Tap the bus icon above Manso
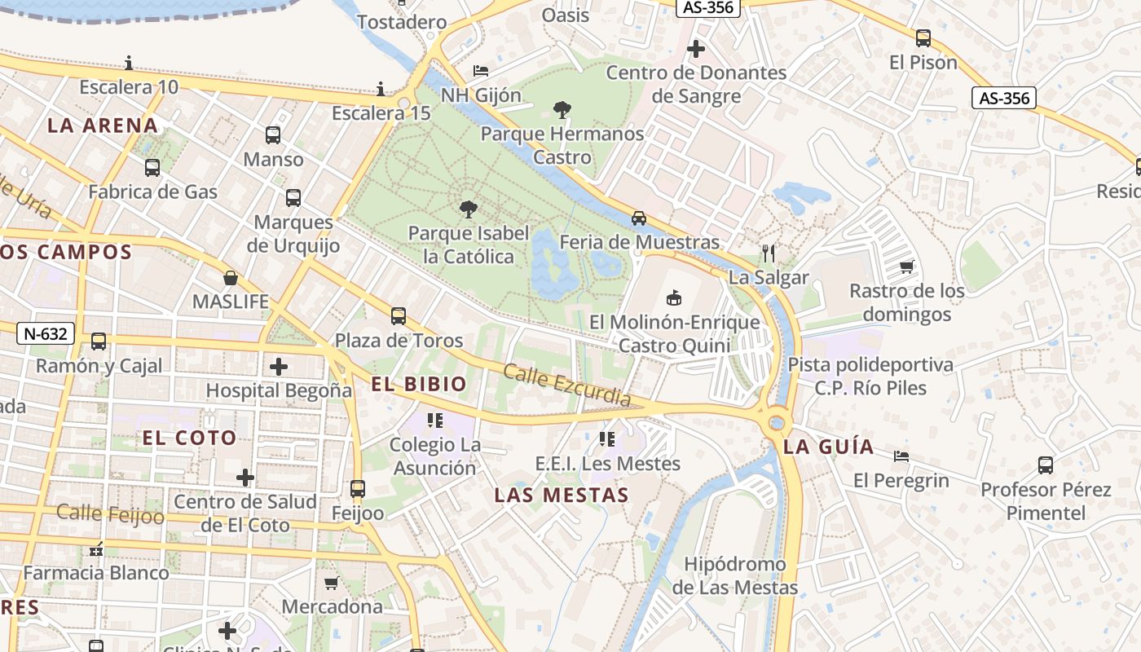click(x=273, y=135)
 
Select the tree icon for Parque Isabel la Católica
click(x=468, y=209)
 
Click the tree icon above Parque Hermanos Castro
click(x=562, y=109)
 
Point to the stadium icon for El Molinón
click(x=673, y=297)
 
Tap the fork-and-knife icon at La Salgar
click(x=768, y=253)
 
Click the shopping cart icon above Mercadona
click(x=332, y=583)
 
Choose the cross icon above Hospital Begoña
click(x=279, y=366)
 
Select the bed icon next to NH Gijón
click(x=481, y=71)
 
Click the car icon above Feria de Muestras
click(x=639, y=218)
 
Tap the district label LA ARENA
click(x=103, y=126)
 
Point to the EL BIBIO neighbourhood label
click(x=419, y=385)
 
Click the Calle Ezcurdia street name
click(x=566, y=385)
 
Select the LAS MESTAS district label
click(x=562, y=496)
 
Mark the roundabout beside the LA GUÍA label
click(x=777, y=423)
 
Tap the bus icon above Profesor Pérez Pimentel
click(x=1046, y=465)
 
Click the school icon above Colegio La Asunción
click(x=435, y=421)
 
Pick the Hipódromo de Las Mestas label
click(x=735, y=575)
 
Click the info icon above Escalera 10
click(x=129, y=63)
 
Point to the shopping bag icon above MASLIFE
click(x=231, y=278)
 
